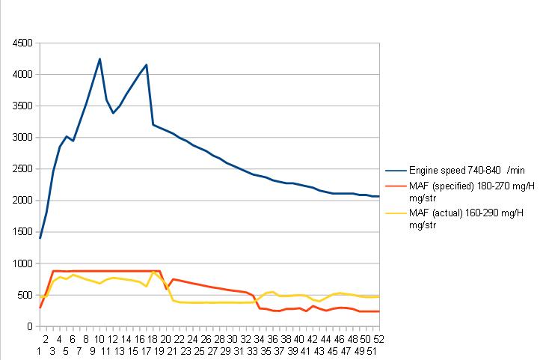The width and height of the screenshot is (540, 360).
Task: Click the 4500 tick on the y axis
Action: coord(21,43)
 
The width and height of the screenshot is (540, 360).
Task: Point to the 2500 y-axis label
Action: coord(21,169)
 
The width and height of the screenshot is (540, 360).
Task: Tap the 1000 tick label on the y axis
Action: coord(21,263)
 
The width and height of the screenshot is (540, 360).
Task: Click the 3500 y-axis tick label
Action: coord(21,106)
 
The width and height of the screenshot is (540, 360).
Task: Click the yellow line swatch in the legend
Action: coord(396,215)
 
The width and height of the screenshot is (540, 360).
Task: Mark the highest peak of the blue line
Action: coord(99,58)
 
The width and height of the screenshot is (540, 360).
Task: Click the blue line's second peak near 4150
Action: coord(147,64)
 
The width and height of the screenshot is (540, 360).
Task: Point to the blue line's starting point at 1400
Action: coord(40,238)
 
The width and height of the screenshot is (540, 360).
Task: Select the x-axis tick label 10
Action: coord(99,338)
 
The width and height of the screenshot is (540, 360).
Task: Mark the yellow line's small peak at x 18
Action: coord(153,272)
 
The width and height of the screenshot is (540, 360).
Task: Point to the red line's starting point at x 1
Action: coord(40,308)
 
